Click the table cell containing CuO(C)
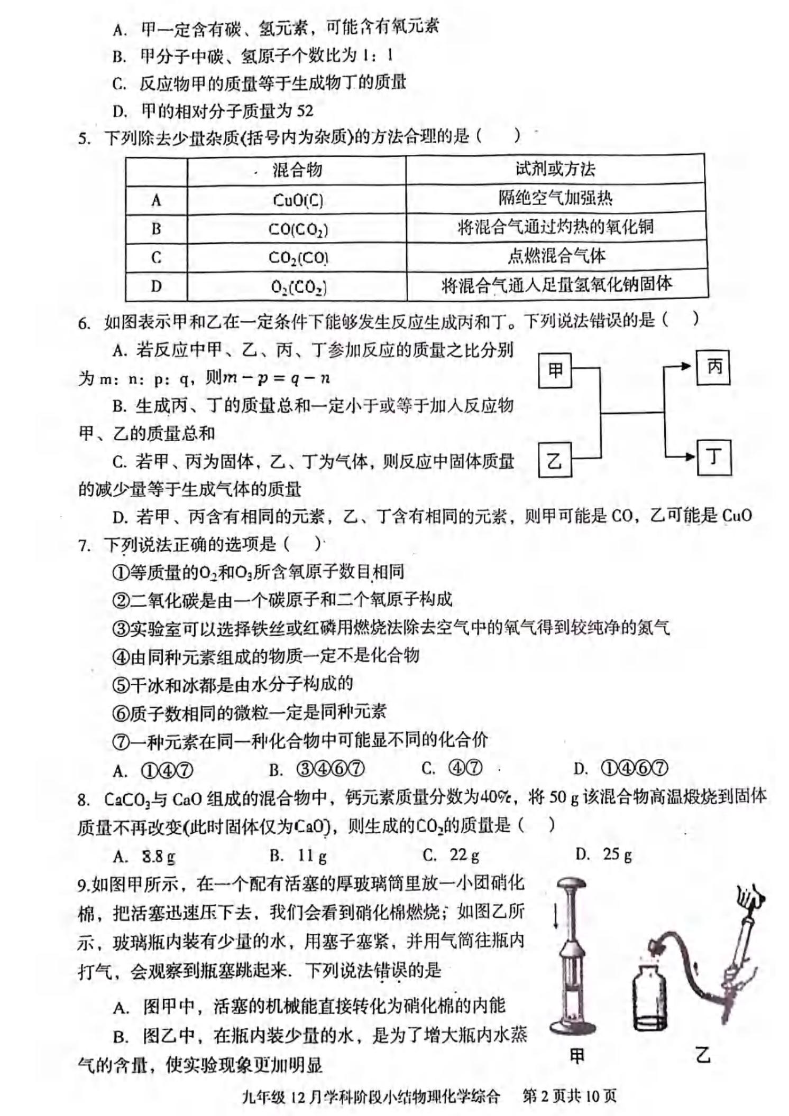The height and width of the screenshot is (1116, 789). point(298,200)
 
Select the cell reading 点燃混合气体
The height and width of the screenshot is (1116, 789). point(556,256)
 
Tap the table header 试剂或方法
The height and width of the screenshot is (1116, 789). point(555,169)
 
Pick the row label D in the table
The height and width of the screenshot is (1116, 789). point(156,286)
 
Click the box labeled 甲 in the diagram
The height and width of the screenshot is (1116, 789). point(555,370)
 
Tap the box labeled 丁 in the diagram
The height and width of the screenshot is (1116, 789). point(714,457)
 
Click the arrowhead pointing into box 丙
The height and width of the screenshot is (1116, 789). point(686,366)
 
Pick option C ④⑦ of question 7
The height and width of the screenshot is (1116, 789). point(465,768)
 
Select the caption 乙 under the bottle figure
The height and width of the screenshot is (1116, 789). point(703,1056)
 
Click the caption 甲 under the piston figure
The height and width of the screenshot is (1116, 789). point(576,1056)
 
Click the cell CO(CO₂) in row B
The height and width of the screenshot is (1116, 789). point(298,229)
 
